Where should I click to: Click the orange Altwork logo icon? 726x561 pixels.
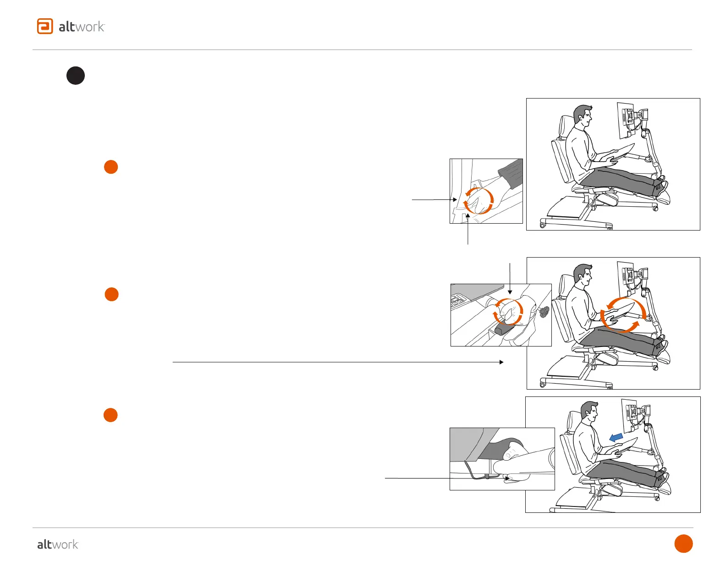[45, 26]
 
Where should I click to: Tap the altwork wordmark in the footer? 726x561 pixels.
[58, 544]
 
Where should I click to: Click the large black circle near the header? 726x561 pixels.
[76, 76]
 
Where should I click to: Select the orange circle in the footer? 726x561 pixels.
[683, 544]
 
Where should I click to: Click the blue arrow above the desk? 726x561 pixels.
[616, 437]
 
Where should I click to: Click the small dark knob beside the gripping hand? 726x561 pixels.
[544, 313]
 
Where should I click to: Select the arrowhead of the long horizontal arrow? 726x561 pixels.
[501, 362]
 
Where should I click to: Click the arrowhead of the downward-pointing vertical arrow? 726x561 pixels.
[510, 291]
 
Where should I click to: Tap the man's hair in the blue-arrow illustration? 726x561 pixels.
[588, 407]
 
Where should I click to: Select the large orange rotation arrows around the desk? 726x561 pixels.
[623, 314]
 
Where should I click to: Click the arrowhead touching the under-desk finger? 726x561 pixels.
[506, 478]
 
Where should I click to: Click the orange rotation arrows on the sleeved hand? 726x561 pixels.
[478, 201]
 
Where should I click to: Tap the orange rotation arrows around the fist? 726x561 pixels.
[507, 312]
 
